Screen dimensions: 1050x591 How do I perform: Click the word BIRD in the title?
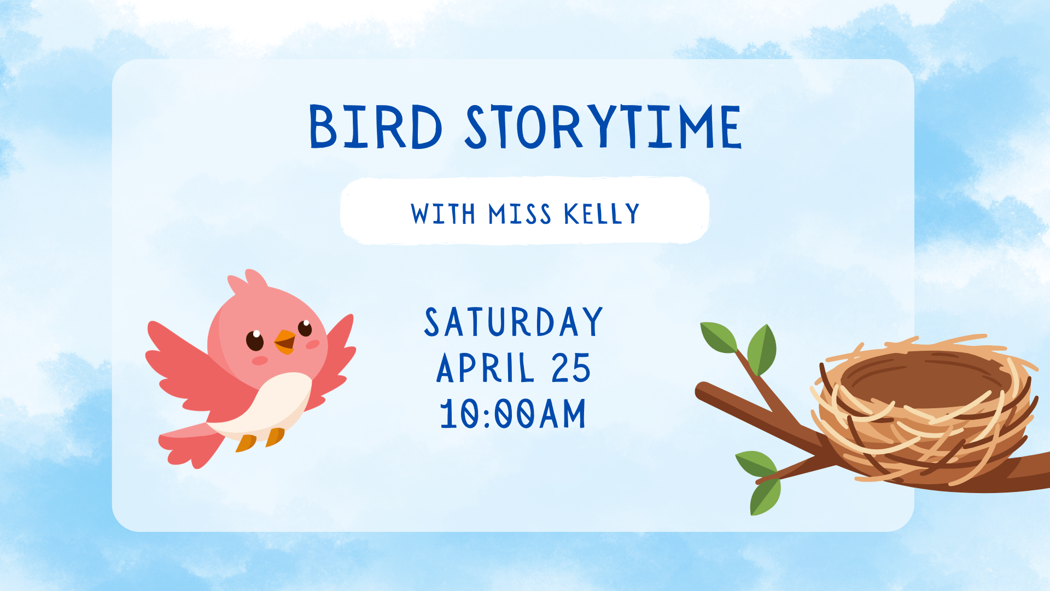(376, 127)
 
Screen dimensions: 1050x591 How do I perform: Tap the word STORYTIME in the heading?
(603, 127)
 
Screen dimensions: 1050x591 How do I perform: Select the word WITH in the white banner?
(443, 214)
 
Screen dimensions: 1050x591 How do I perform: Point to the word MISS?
(520, 214)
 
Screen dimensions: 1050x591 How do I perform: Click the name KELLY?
(602, 214)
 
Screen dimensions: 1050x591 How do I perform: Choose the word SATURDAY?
(514, 322)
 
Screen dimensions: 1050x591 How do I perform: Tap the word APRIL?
(485, 368)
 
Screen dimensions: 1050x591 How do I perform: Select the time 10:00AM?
(513, 414)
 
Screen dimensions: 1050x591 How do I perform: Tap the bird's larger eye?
(255, 340)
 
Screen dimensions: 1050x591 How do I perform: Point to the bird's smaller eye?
(305, 328)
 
